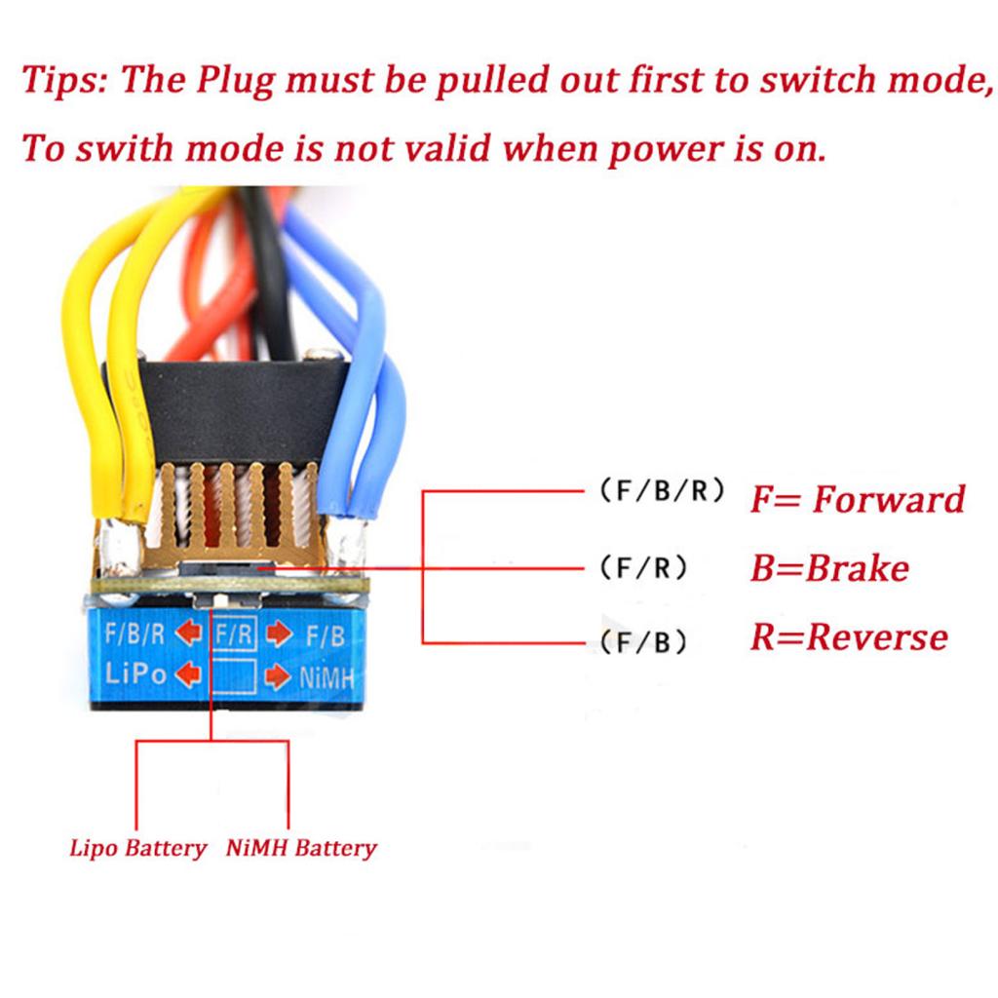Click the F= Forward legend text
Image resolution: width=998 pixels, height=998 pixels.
[857, 499]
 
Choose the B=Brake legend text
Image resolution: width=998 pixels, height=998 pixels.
[828, 568]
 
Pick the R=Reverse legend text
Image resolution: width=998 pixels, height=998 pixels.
[848, 637]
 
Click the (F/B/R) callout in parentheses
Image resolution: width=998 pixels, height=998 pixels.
[660, 491]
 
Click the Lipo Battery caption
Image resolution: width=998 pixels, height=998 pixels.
[138, 848]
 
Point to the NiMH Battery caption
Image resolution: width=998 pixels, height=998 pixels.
[300, 848]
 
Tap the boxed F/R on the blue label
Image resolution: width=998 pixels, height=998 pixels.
[234, 634]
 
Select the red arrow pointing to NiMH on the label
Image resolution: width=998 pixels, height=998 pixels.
[279, 674]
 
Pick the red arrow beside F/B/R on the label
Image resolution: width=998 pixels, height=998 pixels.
[190, 634]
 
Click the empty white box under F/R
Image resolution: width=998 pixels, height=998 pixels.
[234, 674]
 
